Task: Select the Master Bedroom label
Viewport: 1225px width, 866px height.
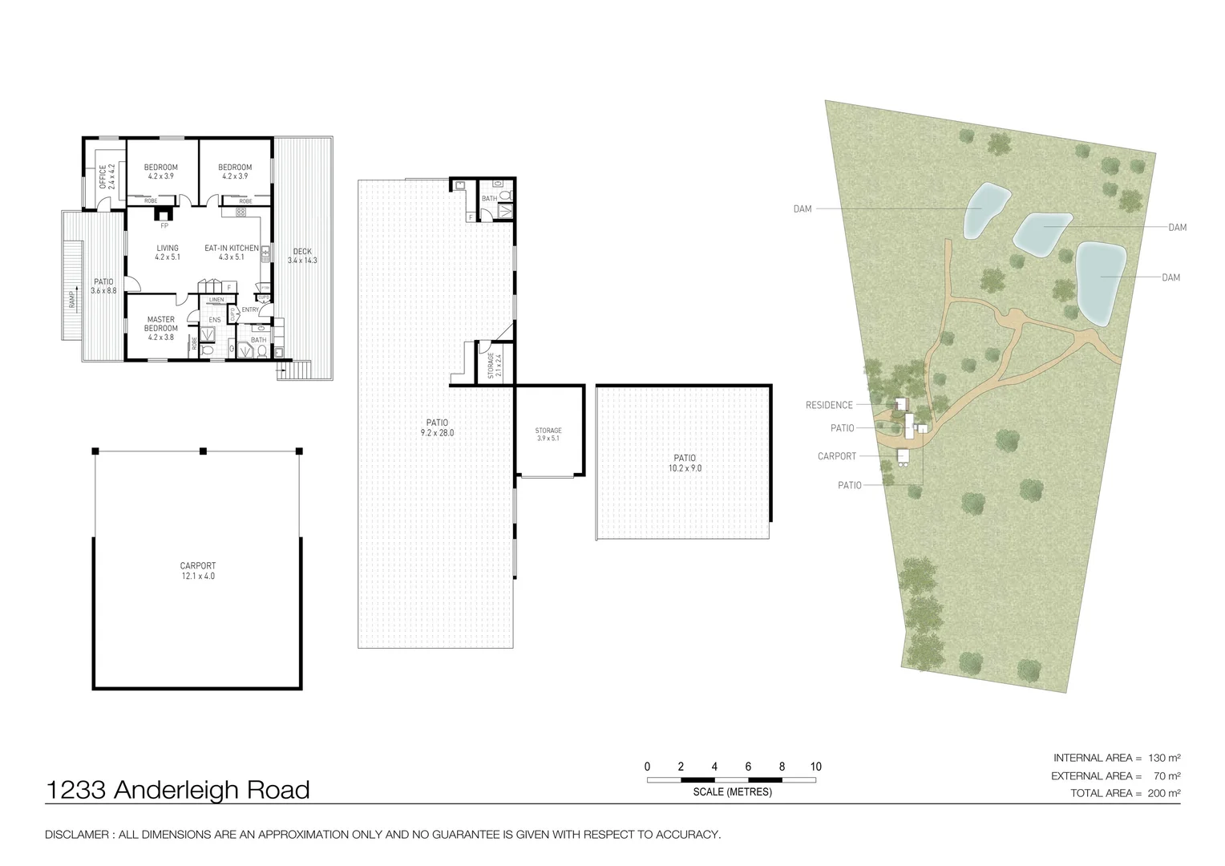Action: click(x=160, y=328)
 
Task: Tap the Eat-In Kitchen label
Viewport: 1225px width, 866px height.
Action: click(x=231, y=253)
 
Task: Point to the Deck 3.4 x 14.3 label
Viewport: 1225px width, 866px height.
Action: click(x=302, y=256)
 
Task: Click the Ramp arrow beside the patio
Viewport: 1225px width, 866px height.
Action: click(x=73, y=297)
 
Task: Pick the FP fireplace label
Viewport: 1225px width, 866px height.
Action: click(x=164, y=225)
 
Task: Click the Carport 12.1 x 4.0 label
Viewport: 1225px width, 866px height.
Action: click(x=197, y=570)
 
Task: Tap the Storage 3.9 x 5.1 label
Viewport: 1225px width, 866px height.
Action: click(x=548, y=435)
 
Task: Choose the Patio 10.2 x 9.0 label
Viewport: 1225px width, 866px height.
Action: click(x=684, y=463)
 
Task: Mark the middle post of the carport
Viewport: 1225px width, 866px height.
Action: click(x=203, y=451)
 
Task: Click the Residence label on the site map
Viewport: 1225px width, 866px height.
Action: click(x=829, y=405)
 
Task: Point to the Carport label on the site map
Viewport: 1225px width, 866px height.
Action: click(x=837, y=456)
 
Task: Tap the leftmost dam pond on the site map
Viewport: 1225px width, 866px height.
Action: click(x=984, y=210)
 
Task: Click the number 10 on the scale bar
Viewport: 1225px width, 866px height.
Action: click(x=815, y=767)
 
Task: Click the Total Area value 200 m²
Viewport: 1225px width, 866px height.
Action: click(x=1164, y=793)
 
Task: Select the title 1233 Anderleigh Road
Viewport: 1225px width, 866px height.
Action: click(x=178, y=790)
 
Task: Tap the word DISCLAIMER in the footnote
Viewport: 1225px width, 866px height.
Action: click(x=76, y=835)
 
